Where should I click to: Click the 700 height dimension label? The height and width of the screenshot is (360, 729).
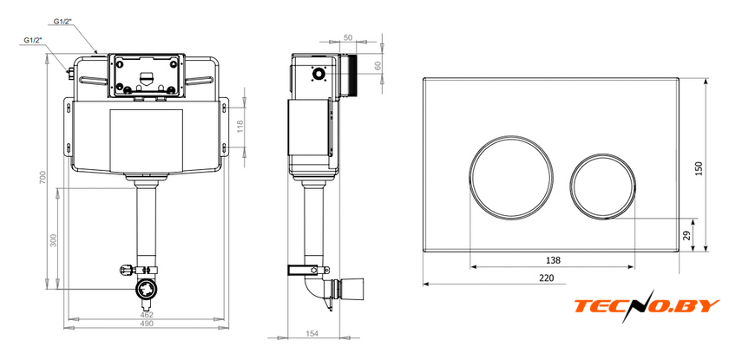(43, 178)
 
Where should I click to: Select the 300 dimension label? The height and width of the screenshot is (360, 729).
(54, 240)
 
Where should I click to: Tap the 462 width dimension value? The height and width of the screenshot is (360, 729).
(147, 315)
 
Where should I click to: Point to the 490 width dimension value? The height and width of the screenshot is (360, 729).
(147, 324)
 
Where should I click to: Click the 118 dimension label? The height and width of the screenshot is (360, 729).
(240, 127)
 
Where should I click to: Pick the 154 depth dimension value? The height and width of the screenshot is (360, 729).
(312, 333)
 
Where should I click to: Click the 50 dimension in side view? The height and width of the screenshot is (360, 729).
(347, 37)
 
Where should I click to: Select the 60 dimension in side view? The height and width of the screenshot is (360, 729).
(377, 67)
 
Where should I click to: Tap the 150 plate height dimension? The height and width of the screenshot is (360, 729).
(699, 168)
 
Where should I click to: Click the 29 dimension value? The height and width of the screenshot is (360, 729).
(687, 235)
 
